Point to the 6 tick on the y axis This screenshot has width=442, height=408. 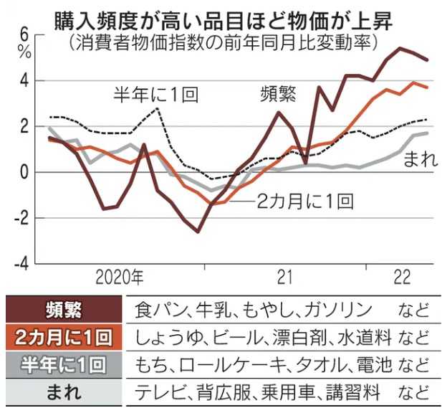point(25,34)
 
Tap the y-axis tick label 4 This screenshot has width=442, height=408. point(25,80)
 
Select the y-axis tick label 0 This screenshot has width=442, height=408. point(25,172)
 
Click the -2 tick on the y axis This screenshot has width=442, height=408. point(22,218)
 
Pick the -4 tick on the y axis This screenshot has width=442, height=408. point(22,263)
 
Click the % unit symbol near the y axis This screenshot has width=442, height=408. point(26,52)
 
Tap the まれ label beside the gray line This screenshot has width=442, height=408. point(421,159)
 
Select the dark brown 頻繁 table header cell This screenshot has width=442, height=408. point(62,310)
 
